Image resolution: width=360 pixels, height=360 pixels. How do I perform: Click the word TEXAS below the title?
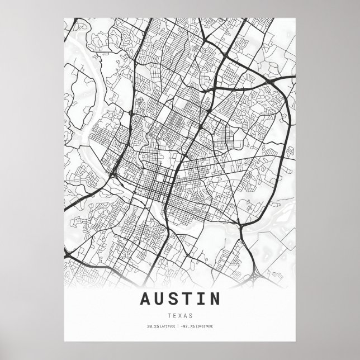(x=180, y=315)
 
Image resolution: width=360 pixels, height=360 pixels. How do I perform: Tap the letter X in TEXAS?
(x=180, y=315)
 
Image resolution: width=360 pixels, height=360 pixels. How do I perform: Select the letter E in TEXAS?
(x=174, y=315)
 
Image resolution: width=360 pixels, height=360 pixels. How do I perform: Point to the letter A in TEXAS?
(x=186, y=315)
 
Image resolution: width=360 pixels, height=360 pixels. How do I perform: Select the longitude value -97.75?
(x=189, y=326)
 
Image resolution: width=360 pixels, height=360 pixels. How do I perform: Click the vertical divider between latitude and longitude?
(x=178, y=326)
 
